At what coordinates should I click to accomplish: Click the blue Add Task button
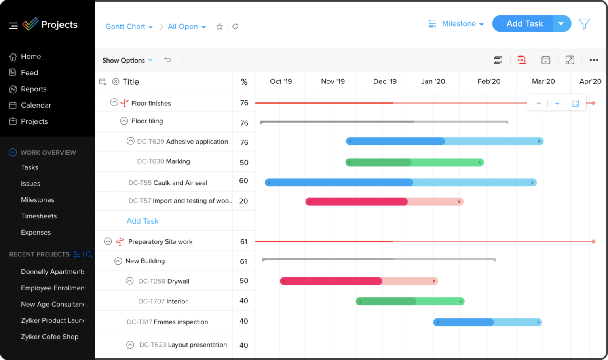click(524, 24)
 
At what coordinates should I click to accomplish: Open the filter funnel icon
click(584, 24)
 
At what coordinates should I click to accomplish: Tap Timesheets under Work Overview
click(38, 216)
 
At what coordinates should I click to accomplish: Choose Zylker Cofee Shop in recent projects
click(49, 337)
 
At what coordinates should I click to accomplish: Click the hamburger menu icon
click(13, 26)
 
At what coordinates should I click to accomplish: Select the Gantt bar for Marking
click(414, 162)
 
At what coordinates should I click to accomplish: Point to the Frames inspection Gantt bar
click(487, 322)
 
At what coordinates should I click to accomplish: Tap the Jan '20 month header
click(433, 81)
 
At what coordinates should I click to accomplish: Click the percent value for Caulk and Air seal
click(243, 181)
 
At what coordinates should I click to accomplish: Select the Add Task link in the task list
click(142, 221)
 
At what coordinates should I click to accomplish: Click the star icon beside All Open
click(219, 27)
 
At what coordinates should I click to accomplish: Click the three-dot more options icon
click(593, 60)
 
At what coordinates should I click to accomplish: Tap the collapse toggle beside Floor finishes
click(114, 102)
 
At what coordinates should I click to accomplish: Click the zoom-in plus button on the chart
click(557, 103)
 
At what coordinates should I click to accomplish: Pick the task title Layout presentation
click(197, 345)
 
